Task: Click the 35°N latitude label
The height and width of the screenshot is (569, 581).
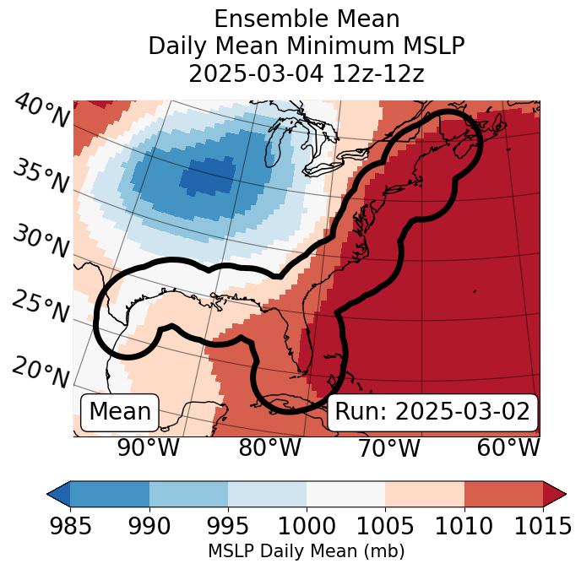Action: (x=41, y=176)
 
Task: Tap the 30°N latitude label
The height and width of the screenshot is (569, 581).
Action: (x=41, y=242)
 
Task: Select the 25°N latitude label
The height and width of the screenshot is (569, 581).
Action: (x=41, y=306)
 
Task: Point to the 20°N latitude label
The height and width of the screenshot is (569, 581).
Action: (x=41, y=371)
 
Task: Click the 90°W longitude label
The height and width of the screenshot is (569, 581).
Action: (x=148, y=447)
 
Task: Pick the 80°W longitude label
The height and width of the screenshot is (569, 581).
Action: (x=269, y=447)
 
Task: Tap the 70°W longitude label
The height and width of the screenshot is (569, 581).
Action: (x=388, y=447)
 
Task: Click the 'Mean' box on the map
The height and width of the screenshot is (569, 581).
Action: (x=120, y=412)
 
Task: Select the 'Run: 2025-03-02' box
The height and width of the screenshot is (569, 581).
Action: (x=432, y=412)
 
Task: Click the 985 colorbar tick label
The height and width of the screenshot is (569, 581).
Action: (x=71, y=526)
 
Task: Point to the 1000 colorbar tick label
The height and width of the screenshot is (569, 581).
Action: (x=307, y=526)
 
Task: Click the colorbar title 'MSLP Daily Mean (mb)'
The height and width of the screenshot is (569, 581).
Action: (x=307, y=551)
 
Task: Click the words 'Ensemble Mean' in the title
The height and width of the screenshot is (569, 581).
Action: (x=307, y=19)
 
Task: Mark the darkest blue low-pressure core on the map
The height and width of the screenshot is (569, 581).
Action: (x=204, y=178)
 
